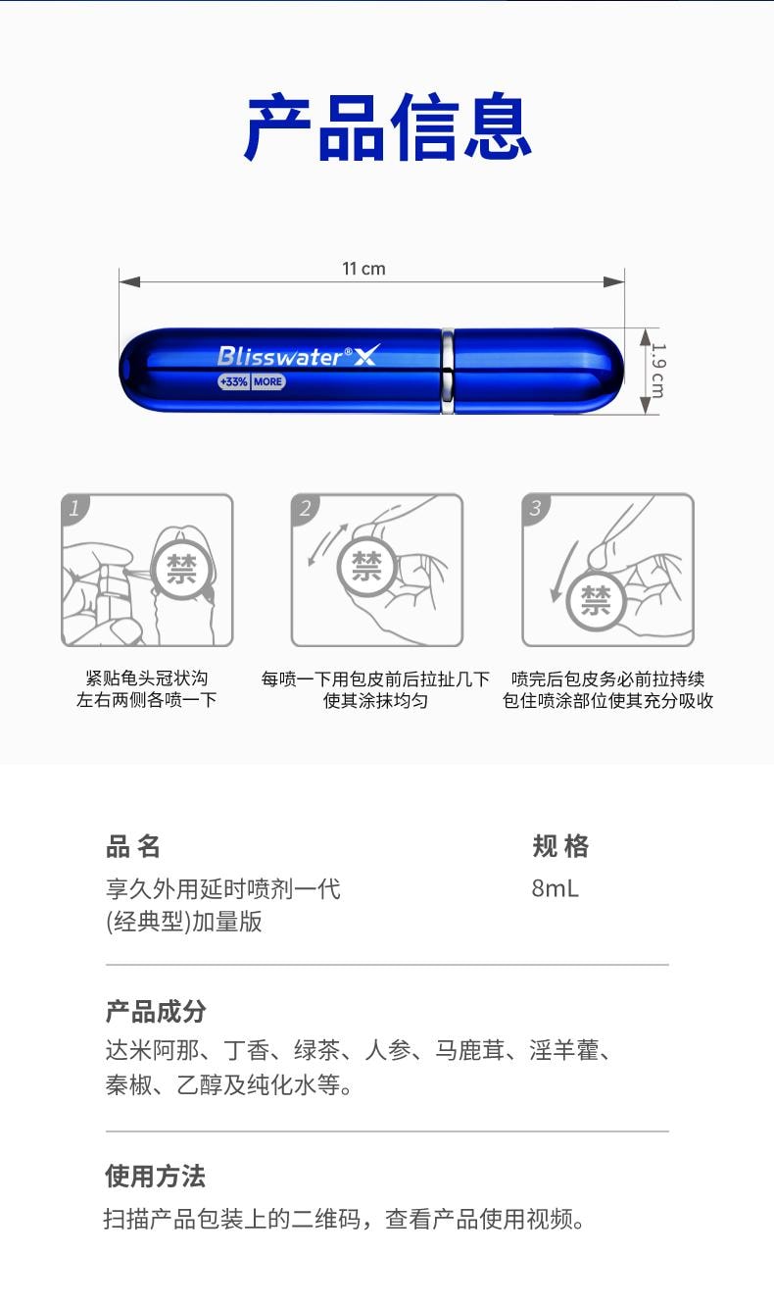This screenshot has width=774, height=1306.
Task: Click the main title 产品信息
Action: pos(387,127)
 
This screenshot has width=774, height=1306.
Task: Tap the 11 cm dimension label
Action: pos(363,269)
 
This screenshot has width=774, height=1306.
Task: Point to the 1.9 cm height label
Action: pos(656,370)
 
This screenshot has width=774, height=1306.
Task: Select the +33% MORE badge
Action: pos(252,381)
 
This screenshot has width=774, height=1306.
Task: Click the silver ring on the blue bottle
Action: pos(448,371)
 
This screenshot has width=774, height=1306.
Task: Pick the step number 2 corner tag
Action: pos(305,508)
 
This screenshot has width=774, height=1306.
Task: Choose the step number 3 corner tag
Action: pos(535,508)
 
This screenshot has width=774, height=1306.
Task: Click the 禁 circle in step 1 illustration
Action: pos(181,570)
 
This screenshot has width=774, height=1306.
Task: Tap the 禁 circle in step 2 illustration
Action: pos(366,566)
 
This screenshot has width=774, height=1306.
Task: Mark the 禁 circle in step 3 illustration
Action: pos(596,600)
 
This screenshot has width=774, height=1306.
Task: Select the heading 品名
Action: pos(133,846)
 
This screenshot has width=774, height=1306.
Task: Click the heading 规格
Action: pos(560,846)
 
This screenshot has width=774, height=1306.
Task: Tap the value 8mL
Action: pos(555,888)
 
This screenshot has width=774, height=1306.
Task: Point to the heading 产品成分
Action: pos(156,1011)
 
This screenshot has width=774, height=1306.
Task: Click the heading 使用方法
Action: pos(156,1176)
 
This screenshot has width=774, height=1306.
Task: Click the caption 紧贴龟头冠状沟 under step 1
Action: pos(147,678)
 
